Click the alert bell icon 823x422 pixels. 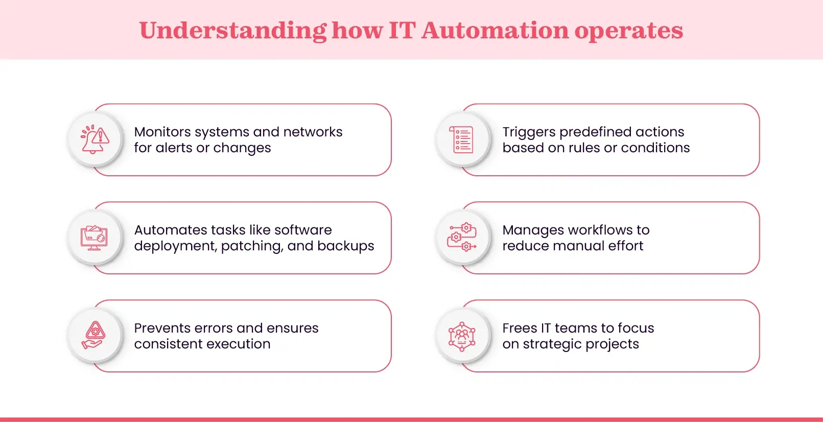pos(95,139)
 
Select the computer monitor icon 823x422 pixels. pos(95,238)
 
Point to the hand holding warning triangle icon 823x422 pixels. pos(95,336)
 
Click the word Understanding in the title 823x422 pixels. pos(232,31)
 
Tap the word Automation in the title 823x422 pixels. pos(495,31)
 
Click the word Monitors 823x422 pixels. pos(162,132)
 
